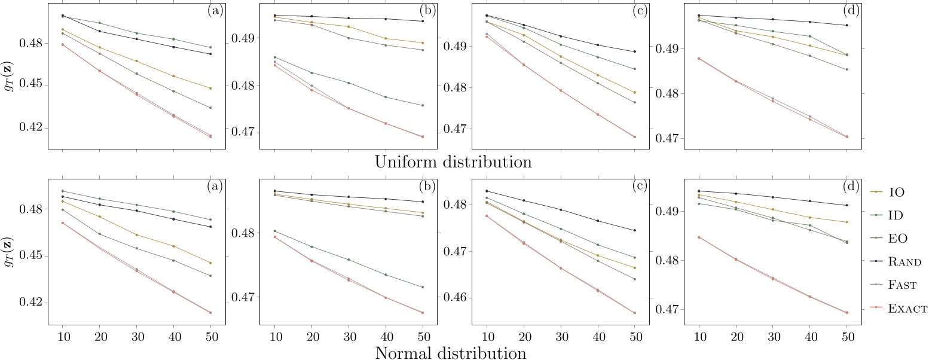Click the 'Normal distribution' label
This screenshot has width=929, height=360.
[x=451, y=353]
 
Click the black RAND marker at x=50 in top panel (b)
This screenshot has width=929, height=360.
[x=422, y=21]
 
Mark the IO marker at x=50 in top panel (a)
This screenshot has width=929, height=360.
[x=210, y=89]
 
